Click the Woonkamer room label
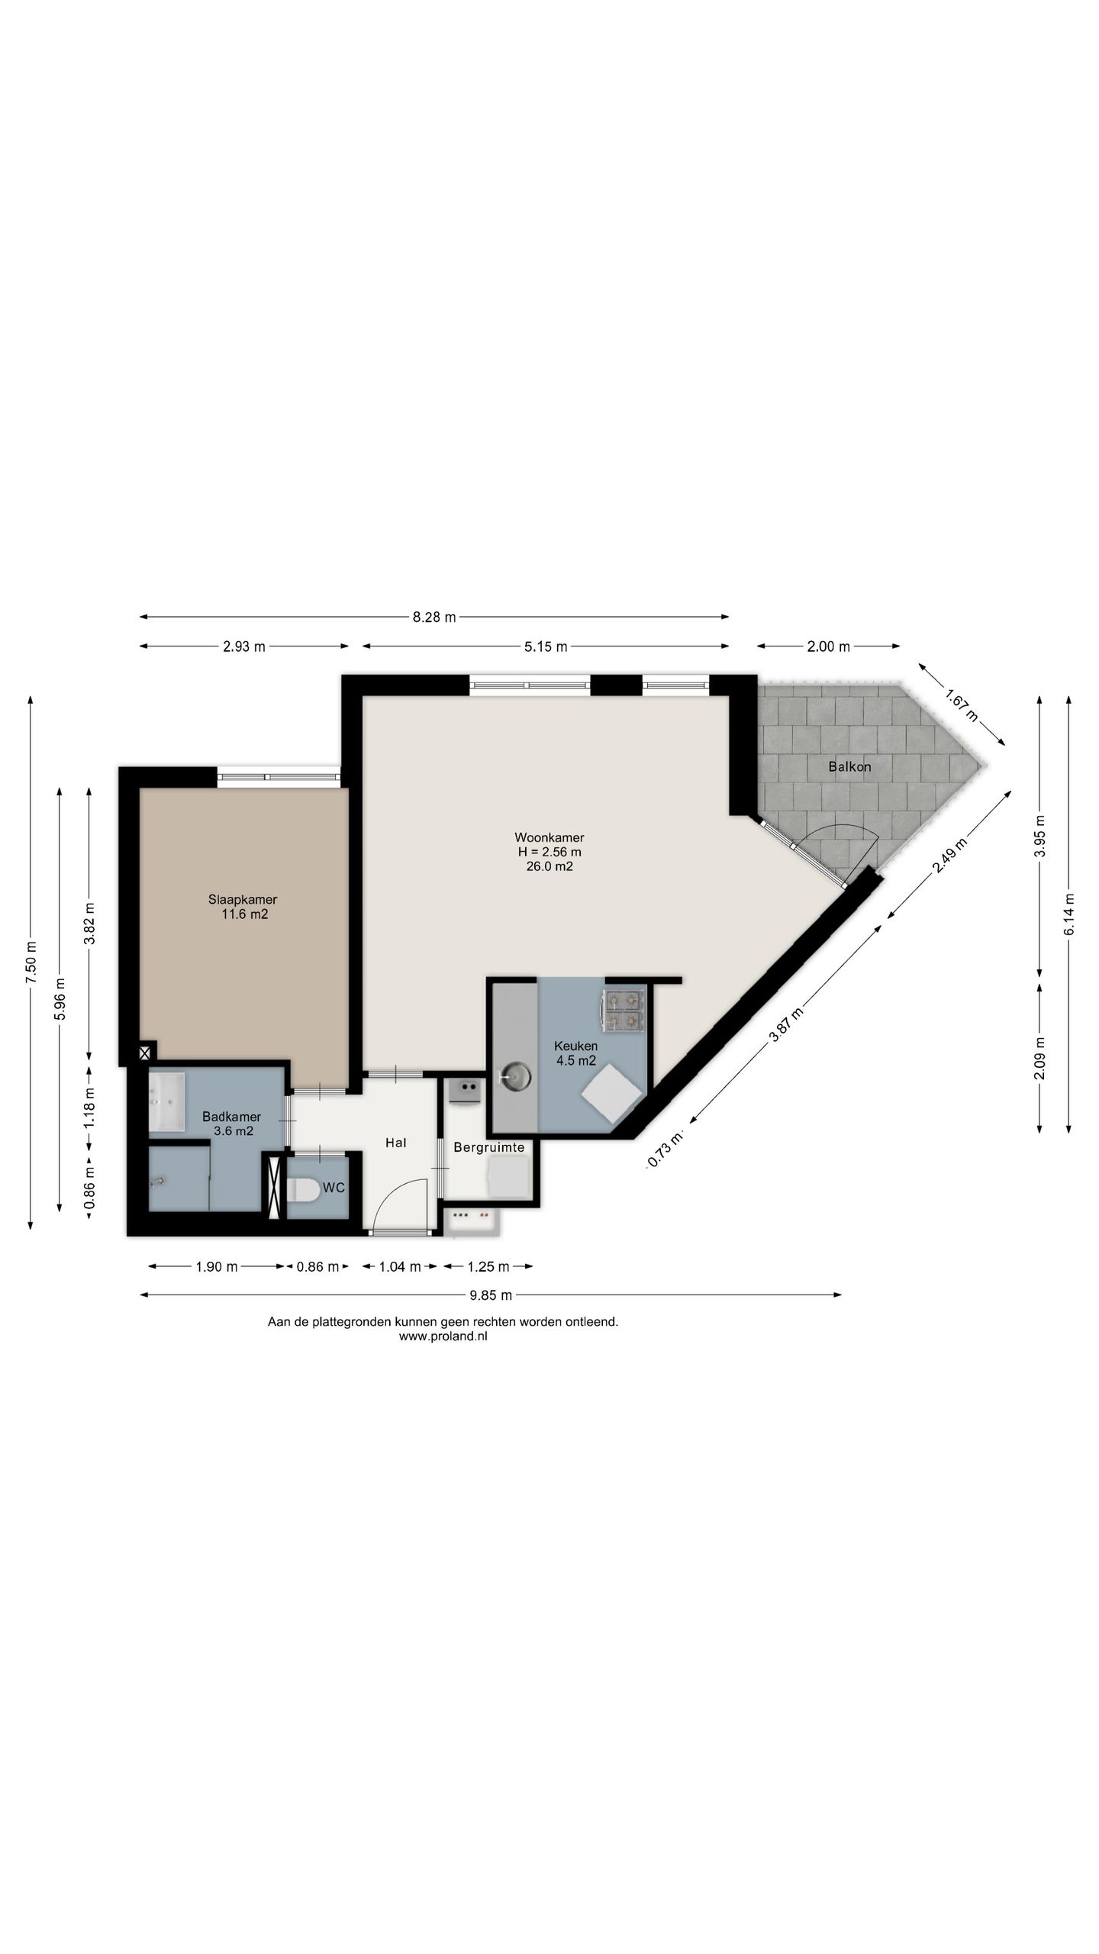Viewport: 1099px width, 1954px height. click(549, 837)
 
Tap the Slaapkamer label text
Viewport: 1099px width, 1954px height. click(243, 899)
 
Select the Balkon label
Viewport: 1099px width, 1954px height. click(849, 766)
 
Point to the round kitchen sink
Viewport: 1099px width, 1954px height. click(517, 1076)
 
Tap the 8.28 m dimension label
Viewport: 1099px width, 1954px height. click(434, 617)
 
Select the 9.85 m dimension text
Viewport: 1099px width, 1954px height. click(491, 1295)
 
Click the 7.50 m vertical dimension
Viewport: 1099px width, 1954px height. click(31, 963)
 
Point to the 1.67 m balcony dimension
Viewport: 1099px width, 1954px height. click(961, 705)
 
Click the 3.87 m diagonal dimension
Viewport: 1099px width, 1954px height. click(785, 1024)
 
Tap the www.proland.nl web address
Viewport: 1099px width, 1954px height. click(443, 1336)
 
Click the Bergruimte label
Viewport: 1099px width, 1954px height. click(488, 1147)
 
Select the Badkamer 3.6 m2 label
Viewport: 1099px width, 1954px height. click(232, 1124)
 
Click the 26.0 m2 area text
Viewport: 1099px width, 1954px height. click(549, 866)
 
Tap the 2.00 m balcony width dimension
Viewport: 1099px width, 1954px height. click(828, 646)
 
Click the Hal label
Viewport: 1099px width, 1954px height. click(395, 1143)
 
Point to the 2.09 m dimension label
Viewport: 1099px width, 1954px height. click(1039, 1058)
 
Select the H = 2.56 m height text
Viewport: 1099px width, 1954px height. click(549, 852)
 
